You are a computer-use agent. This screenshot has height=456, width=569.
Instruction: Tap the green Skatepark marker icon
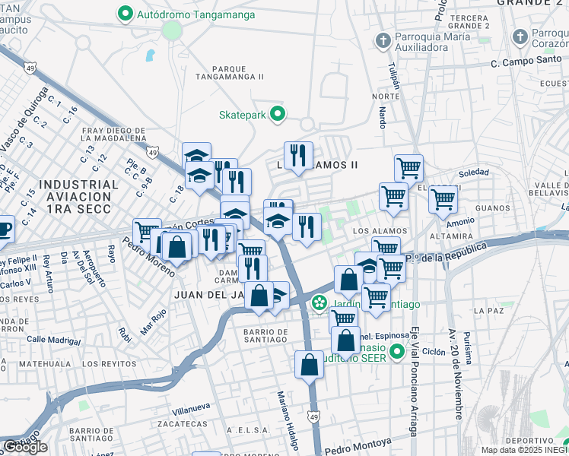tap(278, 115)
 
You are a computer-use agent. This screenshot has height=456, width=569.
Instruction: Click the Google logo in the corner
tap(25, 447)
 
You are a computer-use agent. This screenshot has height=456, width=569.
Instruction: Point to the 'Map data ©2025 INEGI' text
tap(523, 450)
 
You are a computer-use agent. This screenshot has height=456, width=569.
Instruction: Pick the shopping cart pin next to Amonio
tap(443, 200)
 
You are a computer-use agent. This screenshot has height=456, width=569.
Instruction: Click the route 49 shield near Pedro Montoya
tap(314, 416)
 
